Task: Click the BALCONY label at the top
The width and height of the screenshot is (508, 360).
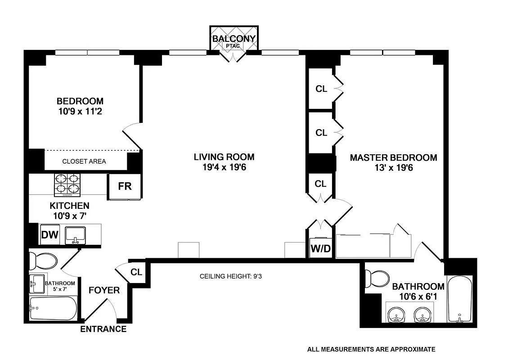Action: (x=234, y=38)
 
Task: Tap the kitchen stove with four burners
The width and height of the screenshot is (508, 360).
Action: (x=67, y=184)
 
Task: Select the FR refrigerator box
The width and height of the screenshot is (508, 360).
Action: (x=125, y=185)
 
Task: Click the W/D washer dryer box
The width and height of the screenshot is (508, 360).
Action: (x=320, y=248)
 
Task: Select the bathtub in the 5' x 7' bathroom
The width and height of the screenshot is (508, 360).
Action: (x=53, y=308)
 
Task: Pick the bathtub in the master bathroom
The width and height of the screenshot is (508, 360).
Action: (x=459, y=299)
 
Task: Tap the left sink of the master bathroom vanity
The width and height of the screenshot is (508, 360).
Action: (x=396, y=314)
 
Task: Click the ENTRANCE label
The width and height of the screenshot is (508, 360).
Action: (x=103, y=329)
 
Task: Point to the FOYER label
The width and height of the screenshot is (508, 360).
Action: (x=104, y=290)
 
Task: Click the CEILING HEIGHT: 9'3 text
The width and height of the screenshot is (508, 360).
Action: (x=231, y=276)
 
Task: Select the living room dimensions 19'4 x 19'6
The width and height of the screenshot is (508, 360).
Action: (x=224, y=167)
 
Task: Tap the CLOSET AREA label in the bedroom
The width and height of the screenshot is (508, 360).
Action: (x=84, y=161)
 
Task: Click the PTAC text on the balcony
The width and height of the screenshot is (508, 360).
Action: (x=234, y=45)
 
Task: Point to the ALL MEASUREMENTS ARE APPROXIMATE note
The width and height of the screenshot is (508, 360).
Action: (x=371, y=349)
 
